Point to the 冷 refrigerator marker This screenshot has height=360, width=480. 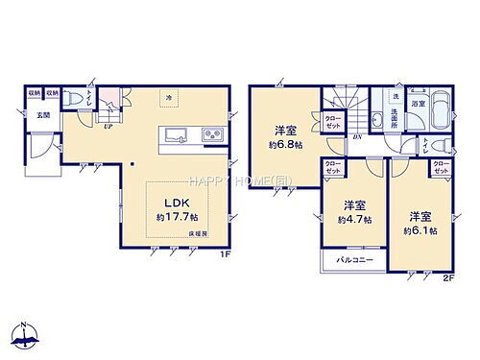[x=168, y=97]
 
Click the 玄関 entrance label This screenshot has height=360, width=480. [x=44, y=114]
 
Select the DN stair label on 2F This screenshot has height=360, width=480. [x=358, y=135]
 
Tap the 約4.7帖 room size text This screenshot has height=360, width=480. [x=354, y=220]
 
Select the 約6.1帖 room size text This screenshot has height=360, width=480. [x=420, y=230]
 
